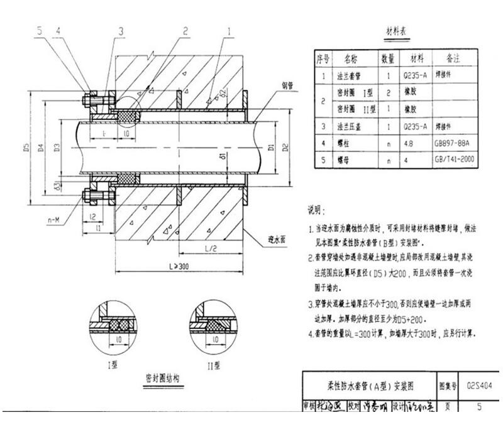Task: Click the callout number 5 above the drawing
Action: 39,30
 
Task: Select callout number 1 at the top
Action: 231,30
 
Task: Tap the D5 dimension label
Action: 26,148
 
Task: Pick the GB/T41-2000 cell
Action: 455,160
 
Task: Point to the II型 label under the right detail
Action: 211,364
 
